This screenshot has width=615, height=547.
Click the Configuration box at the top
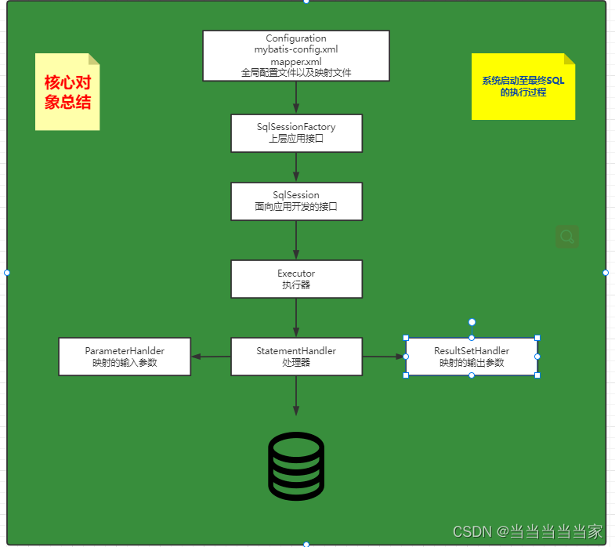coord(296,56)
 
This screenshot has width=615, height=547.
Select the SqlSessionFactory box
coord(296,133)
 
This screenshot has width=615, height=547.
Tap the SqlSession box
coord(296,201)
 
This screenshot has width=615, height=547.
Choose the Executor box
coord(296,279)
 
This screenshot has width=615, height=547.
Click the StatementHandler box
coord(296,357)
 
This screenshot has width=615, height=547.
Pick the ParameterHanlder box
coord(125,357)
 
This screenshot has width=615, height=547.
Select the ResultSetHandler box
coord(472,357)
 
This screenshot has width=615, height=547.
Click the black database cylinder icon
coord(296,465)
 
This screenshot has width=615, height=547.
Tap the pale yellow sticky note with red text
coord(67,92)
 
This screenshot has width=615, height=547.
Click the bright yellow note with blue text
coord(523,86)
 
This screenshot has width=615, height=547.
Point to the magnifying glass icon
coord(567,236)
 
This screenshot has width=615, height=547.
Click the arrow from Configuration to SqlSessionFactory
coord(296,98)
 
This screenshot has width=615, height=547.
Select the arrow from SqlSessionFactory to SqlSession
coord(296,167)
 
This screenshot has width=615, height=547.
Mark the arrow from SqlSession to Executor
coord(296,240)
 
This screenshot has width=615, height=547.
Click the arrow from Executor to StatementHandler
coord(296,317)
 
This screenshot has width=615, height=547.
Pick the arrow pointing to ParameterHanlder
coord(211,357)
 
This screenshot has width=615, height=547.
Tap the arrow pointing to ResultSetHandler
coord(384,357)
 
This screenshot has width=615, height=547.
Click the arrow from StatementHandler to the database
coord(296,396)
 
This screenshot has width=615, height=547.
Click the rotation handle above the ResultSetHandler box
coord(472,322)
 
